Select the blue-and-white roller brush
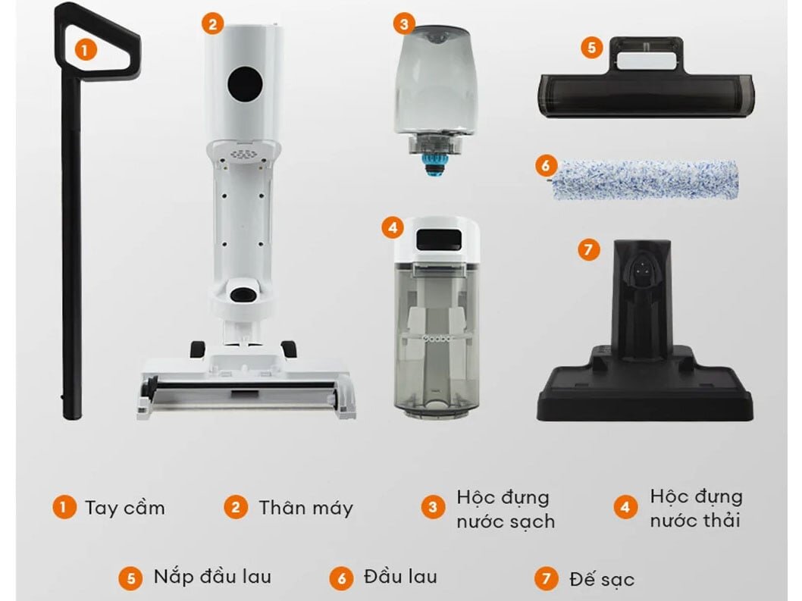644,179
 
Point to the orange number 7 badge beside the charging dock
588,249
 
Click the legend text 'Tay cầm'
124,507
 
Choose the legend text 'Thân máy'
305,507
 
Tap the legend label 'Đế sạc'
601,580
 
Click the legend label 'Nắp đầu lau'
212,577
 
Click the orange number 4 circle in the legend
625,507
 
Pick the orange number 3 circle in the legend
433,507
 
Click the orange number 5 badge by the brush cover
592,47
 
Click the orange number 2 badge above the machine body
212,24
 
